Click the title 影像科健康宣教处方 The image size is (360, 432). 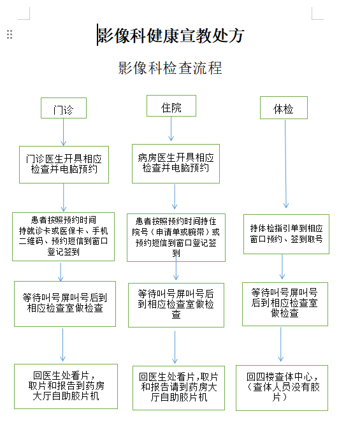pyautogui.click(x=171, y=36)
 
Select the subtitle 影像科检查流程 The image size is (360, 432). pyautogui.click(x=170, y=68)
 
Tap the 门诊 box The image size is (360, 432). pyautogui.click(x=64, y=108)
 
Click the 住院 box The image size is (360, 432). pyautogui.click(x=171, y=106)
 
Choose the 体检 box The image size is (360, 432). pyautogui.click(x=284, y=108)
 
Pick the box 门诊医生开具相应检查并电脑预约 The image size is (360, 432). pyautogui.click(x=64, y=164)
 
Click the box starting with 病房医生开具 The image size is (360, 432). pyautogui.click(x=176, y=164)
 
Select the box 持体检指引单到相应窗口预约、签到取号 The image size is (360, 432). pyautogui.click(x=286, y=234)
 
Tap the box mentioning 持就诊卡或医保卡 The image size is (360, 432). pyautogui.click(x=63, y=236)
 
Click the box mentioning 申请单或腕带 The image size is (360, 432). pyautogui.click(x=176, y=238)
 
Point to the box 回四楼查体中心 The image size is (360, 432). pyautogui.click(x=282, y=388)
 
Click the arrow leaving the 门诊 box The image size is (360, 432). pyautogui.click(x=63, y=133)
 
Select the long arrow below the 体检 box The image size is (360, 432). pyautogui.click(x=285, y=164)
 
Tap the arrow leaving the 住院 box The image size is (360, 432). pyautogui.click(x=171, y=129)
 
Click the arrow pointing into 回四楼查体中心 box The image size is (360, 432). pyautogui.click(x=281, y=344)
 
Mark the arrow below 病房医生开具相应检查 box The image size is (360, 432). pyautogui.click(x=175, y=196)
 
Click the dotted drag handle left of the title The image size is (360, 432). pyautogui.click(x=10, y=34)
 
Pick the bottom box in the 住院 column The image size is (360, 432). pyautogui.click(x=179, y=388)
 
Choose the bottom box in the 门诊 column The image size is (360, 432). pyautogui.click(x=66, y=386)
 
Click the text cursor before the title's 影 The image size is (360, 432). pyautogui.click(x=97, y=34)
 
